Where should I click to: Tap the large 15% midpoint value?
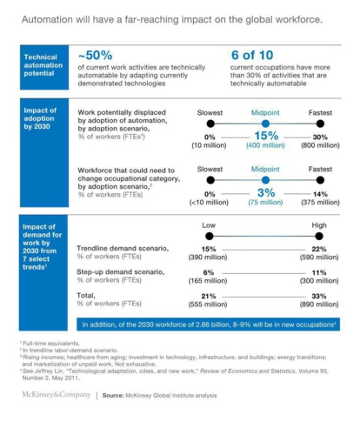pos(265,136)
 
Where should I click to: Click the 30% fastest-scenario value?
pos(320,137)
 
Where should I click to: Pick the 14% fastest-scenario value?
pos(320,193)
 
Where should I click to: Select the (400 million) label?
pos(265,146)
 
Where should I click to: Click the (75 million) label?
pos(265,202)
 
